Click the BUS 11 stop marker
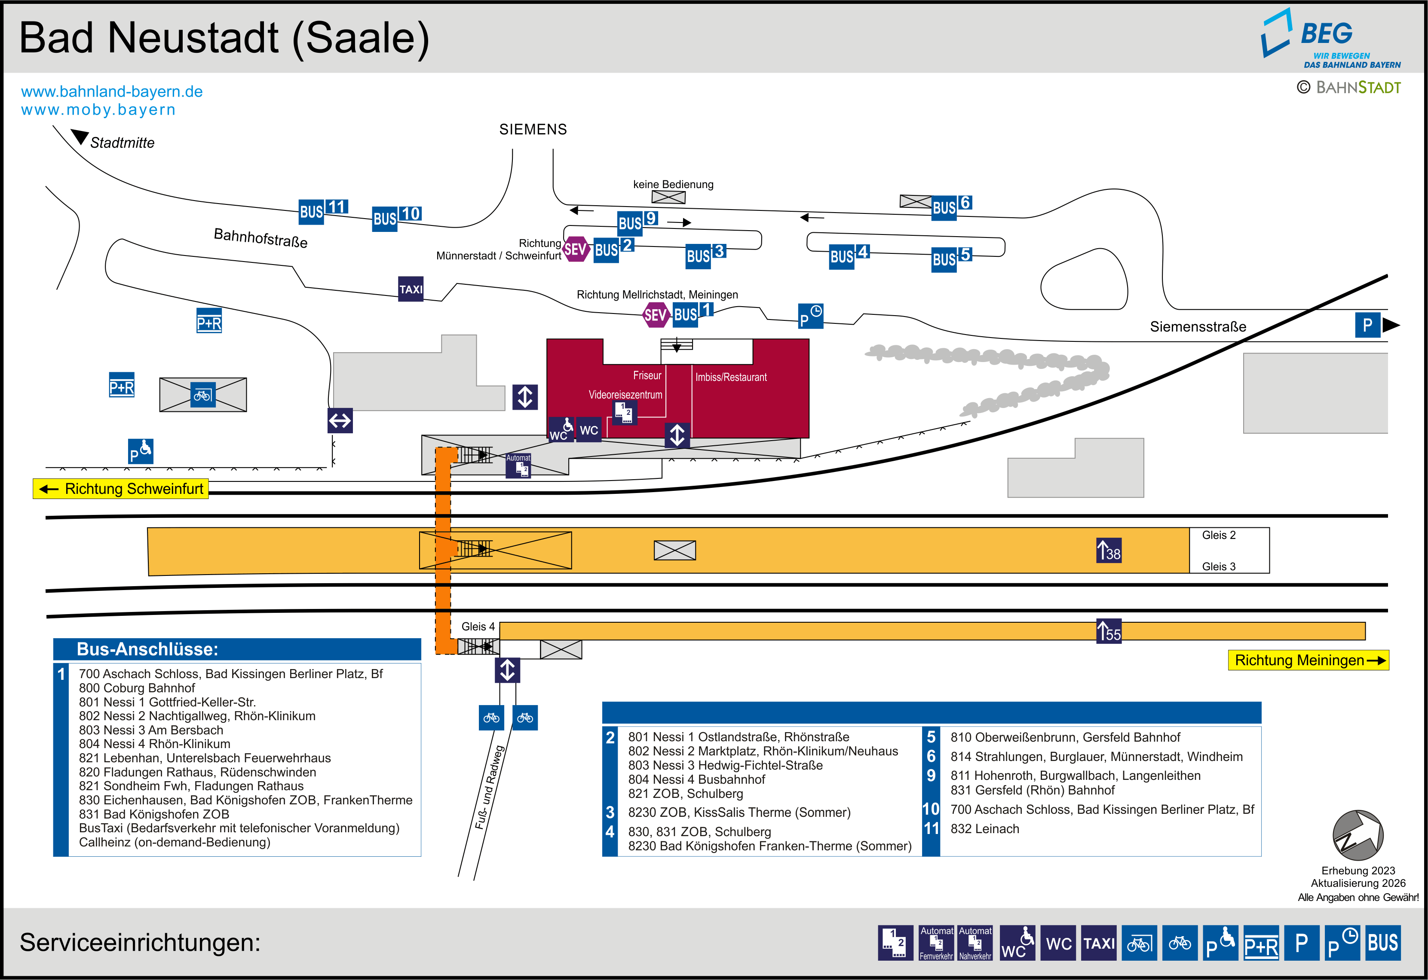tap(323, 210)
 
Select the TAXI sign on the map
tap(411, 289)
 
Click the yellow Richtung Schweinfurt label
tap(121, 489)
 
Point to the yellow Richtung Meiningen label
tap(1308, 660)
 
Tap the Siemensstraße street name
tap(1198, 327)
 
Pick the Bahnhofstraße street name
tap(260, 237)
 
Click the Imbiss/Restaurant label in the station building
tap(731, 377)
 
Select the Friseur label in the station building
tap(647, 375)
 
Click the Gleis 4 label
tap(478, 626)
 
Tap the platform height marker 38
tap(1109, 550)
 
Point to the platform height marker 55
tap(1109, 631)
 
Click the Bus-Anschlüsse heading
tap(147, 649)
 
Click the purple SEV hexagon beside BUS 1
tap(655, 315)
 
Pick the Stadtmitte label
tap(122, 143)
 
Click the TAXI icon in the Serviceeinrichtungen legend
tap(1099, 943)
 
